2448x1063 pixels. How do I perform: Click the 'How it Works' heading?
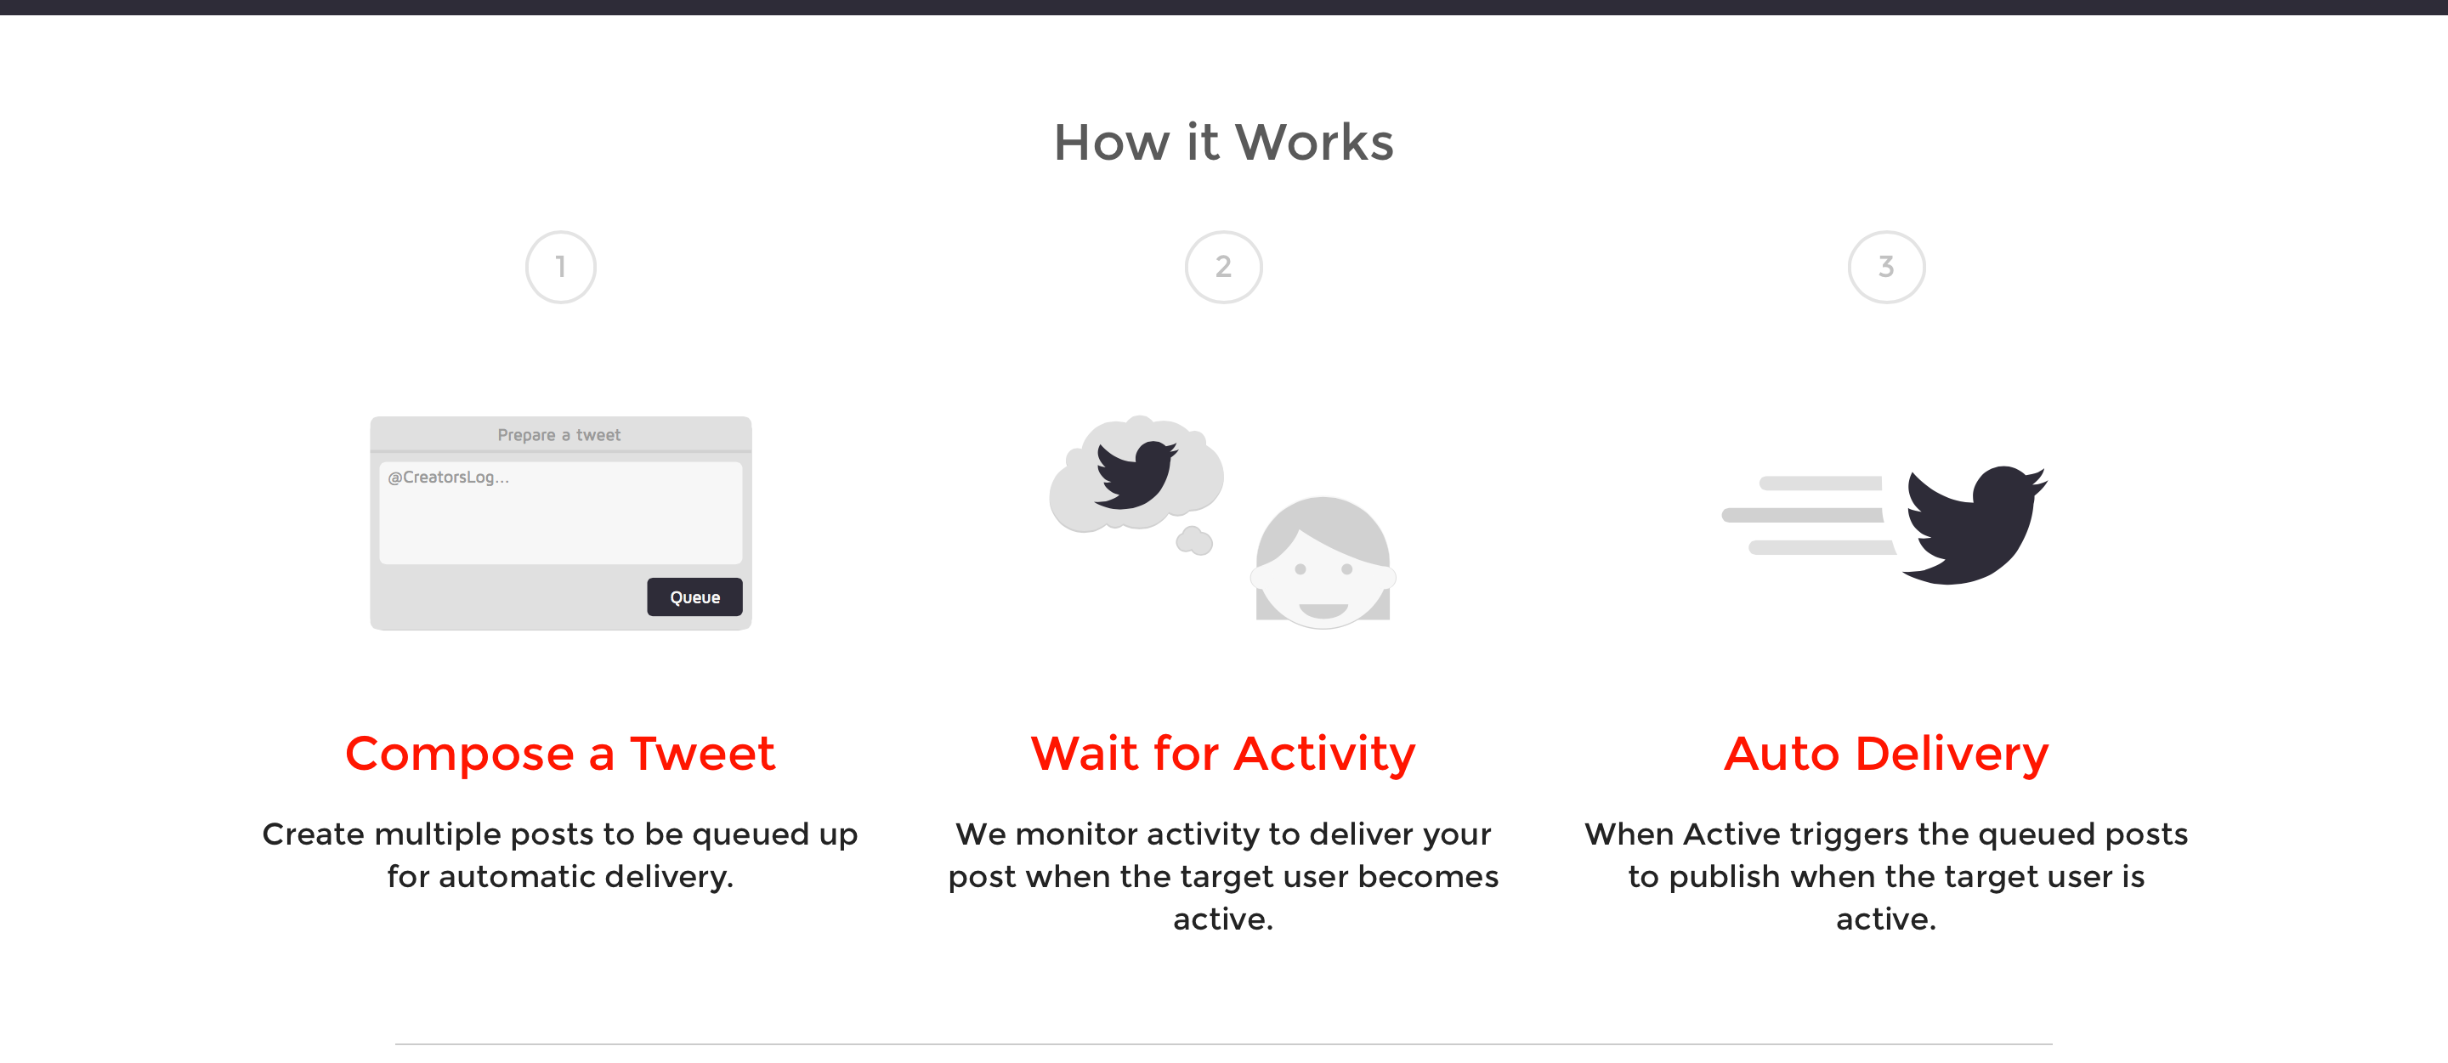[x=1223, y=143]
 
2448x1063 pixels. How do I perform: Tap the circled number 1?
[x=561, y=267]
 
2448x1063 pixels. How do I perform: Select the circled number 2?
[x=1223, y=267]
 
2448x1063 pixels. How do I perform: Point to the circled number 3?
[x=1885, y=267]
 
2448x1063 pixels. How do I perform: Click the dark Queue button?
[x=694, y=597]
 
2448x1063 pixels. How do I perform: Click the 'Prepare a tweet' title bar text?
[x=558, y=435]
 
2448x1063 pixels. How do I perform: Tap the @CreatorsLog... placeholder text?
[x=449, y=477]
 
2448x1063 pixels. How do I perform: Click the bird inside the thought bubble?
[x=1135, y=474]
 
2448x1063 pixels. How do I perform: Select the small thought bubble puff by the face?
[x=1193, y=540]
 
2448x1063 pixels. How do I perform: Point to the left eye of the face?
[x=1300, y=569]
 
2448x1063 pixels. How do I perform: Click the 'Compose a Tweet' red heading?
[x=561, y=754]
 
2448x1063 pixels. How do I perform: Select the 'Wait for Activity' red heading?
[x=1223, y=754]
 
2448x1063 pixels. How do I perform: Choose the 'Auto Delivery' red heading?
[x=1885, y=754]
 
